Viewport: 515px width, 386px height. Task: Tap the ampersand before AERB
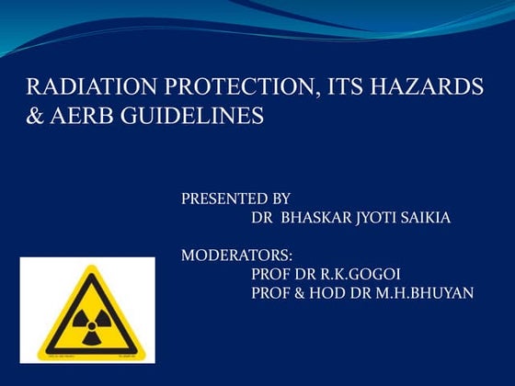(35, 117)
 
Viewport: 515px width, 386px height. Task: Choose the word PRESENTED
(226, 199)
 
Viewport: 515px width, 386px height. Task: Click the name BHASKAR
(318, 219)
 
